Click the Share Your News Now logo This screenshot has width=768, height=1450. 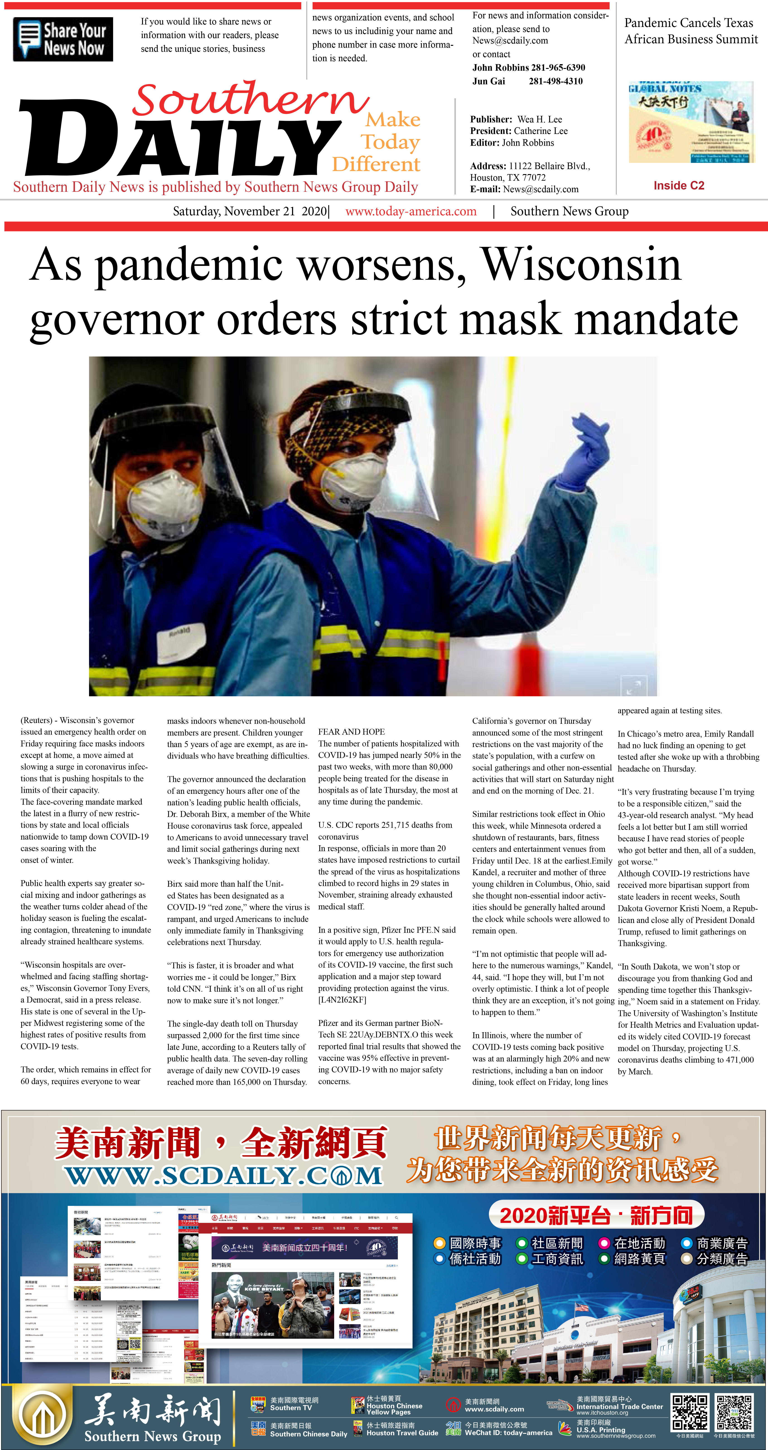63,39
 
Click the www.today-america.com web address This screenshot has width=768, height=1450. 411,212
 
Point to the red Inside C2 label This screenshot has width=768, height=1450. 679,186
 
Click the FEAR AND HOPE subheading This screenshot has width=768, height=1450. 351,732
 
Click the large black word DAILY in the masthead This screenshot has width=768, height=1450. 180,141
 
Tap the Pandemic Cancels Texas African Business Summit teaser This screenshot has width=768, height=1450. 691,31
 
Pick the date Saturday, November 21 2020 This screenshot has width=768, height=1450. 250,212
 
